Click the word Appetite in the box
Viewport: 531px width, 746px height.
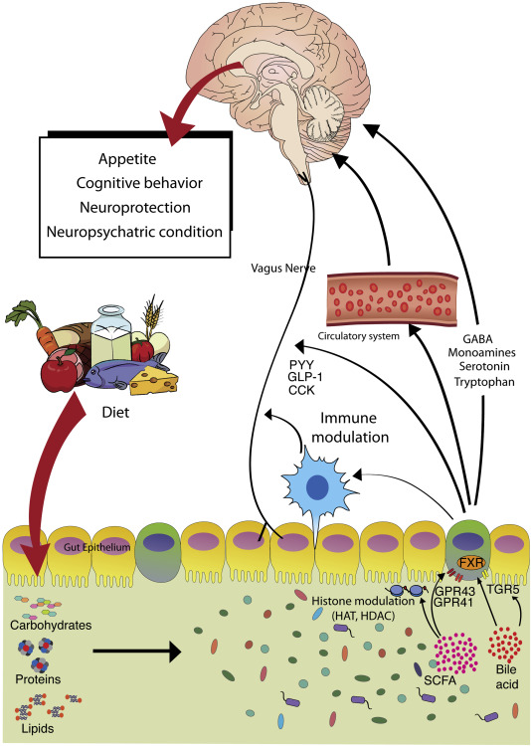(x=127, y=159)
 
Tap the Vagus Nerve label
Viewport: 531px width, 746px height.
(x=283, y=269)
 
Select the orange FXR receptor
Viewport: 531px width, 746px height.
(x=471, y=563)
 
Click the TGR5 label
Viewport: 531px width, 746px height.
(x=502, y=590)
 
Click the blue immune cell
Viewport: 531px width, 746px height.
(x=315, y=487)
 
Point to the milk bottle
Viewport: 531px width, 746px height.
(x=111, y=334)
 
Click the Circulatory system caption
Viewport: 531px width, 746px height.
(x=359, y=336)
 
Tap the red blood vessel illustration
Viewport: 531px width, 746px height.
(x=393, y=296)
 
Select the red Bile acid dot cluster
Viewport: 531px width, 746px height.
(x=506, y=645)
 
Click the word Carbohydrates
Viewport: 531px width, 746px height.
(x=51, y=625)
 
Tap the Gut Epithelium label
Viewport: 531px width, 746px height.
(x=97, y=547)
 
